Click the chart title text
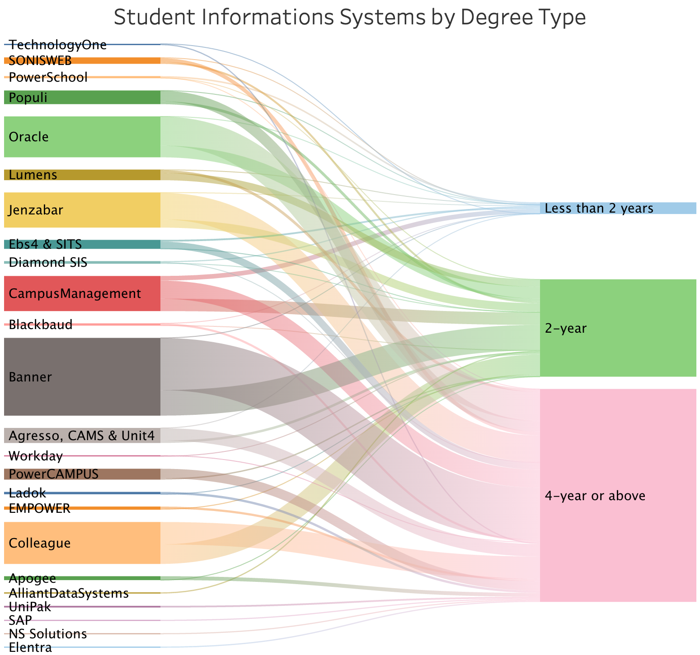point(350,18)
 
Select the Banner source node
point(82,376)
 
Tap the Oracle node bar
point(82,137)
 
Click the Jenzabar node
point(82,210)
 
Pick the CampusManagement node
point(82,293)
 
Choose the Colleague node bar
point(82,543)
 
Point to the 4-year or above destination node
point(617,495)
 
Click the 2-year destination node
point(617,328)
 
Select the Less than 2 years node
point(617,208)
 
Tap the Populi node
point(82,98)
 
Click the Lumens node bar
point(82,175)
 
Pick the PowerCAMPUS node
point(82,474)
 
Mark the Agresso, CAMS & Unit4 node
point(82,436)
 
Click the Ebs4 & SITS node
point(82,244)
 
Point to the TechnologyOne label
point(58,45)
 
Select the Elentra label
point(30,648)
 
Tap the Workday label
point(36,456)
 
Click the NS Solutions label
point(48,634)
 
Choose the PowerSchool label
point(48,77)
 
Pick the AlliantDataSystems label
point(69,593)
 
